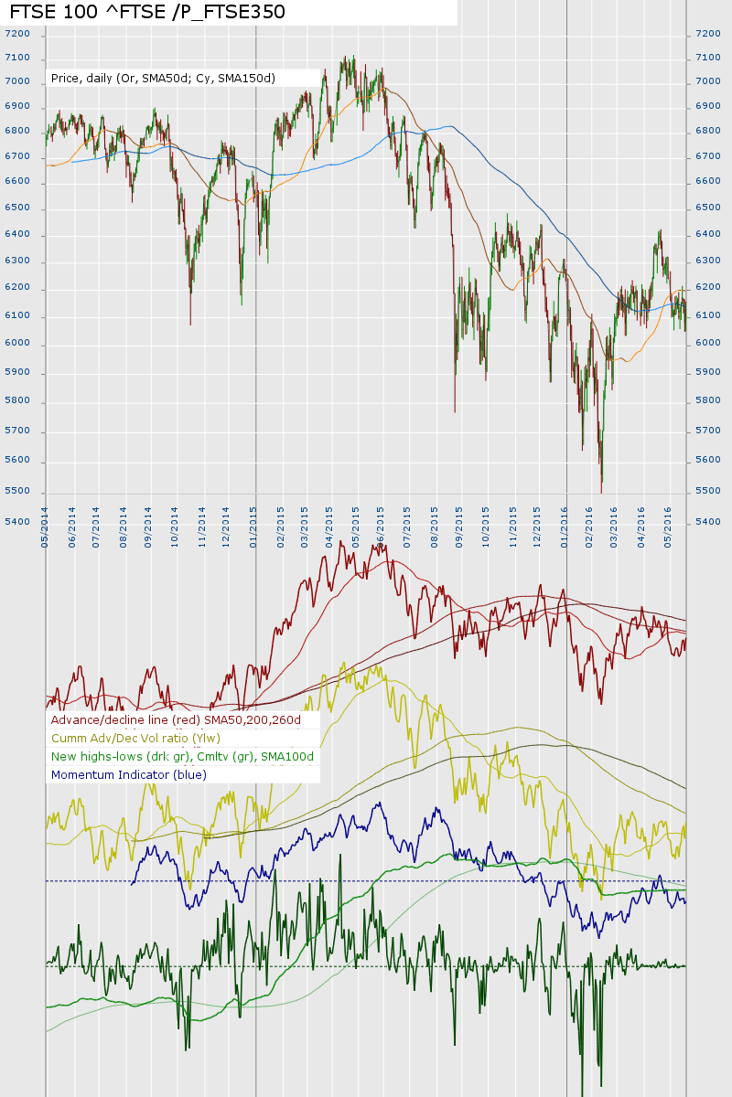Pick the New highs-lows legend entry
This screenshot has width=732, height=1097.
click(182, 756)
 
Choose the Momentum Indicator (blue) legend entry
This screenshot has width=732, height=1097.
click(129, 774)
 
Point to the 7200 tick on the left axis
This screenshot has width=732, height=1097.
click(17, 34)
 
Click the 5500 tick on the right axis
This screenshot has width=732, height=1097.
click(708, 491)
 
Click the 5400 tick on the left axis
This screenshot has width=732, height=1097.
click(17, 522)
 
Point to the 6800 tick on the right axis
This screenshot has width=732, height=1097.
click(708, 131)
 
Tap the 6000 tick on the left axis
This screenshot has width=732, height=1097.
click(17, 344)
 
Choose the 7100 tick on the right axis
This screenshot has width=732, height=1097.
click(708, 58)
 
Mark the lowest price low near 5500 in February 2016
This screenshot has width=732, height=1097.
click(601, 492)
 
